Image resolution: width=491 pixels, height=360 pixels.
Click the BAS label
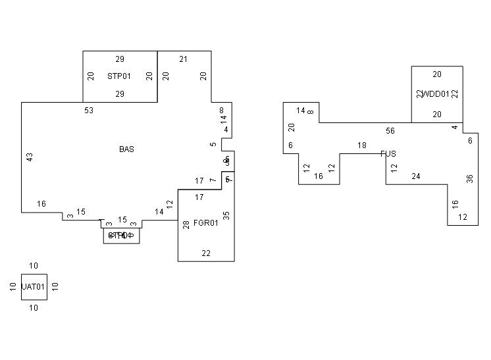(x=126, y=149)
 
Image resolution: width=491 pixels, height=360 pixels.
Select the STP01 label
(x=119, y=76)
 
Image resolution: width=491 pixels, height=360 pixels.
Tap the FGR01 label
(x=205, y=223)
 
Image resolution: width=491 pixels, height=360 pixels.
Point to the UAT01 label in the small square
(x=34, y=287)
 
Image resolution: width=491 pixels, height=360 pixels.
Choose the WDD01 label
(x=436, y=94)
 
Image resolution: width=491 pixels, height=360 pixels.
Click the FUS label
(x=388, y=154)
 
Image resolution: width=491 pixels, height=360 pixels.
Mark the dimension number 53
(x=89, y=111)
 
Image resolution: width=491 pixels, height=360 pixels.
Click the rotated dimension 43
(x=30, y=157)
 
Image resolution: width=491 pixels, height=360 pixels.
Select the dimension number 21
(x=184, y=59)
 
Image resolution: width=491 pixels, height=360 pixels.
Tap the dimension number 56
(x=390, y=131)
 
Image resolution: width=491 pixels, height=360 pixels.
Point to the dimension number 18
(x=362, y=145)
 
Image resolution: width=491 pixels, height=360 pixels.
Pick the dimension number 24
(x=416, y=176)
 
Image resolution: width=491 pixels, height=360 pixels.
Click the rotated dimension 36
(x=470, y=178)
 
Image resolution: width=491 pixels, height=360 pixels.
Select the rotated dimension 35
(x=226, y=215)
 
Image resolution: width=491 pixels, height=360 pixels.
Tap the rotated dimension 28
(x=186, y=225)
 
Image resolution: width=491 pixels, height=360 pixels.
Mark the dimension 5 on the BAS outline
(x=213, y=144)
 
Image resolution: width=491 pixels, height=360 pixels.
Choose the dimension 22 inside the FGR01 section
(x=206, y=253)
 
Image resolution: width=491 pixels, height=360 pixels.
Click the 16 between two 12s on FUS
(x=319, y=176)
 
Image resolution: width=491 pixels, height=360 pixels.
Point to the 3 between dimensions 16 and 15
(x=70, y=216)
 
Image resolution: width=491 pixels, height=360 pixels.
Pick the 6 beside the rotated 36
(x=470, y=141)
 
